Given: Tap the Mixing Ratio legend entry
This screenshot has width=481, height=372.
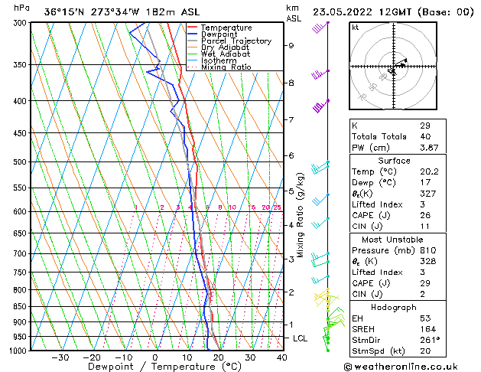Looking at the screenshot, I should pos(226,67).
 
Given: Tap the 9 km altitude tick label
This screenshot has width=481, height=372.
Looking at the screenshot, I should pos(291,45).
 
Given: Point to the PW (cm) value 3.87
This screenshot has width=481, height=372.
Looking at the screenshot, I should pos(430,147).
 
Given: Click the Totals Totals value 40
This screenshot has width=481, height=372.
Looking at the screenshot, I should pos(425,136).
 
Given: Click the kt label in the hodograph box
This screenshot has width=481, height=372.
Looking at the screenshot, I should pos(355,27).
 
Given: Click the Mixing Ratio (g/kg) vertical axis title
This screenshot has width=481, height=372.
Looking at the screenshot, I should pos(301,215).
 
